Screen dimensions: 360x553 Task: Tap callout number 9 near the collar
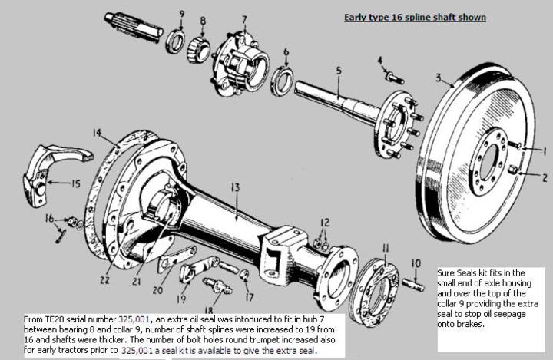182,13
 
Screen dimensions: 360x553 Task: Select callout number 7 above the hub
243,19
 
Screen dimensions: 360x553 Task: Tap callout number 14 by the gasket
98,133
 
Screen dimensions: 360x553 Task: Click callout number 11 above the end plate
385,247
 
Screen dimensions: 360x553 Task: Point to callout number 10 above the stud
416,263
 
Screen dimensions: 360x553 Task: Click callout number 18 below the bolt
209,309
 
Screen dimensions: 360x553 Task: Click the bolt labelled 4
394,77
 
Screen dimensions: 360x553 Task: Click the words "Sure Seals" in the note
458,272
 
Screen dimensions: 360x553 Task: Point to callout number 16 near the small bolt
49,219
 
